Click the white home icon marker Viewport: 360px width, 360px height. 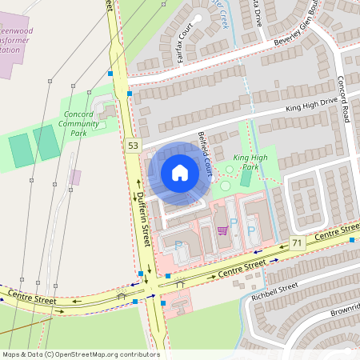(x=180, y=173)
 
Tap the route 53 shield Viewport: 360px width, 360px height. (x=132, y=145)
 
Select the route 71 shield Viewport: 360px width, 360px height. (x=298, y=242)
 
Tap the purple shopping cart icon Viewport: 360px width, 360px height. (x=222, y=230)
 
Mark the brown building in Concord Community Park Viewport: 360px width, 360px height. (x=75, y=177)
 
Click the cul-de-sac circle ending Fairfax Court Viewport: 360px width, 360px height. (x=195, y=18)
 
